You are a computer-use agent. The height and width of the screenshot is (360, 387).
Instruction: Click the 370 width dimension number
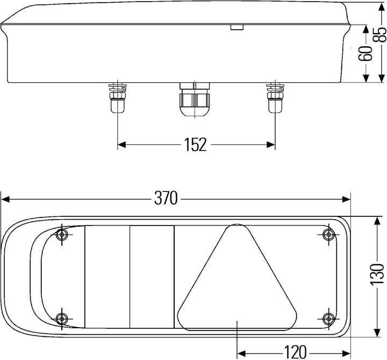click(166, 198)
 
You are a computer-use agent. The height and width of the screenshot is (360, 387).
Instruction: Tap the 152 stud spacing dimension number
click(195, 145)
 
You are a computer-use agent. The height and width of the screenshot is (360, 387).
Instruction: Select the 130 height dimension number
click(377, 274)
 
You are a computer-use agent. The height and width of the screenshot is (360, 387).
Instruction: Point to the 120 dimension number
click(296, 352)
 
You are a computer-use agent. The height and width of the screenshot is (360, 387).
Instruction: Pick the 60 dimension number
click(365, 53)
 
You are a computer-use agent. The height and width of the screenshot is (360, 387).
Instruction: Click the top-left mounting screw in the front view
click(62, 234)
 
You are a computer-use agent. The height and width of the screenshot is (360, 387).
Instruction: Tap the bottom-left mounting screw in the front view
click(62, 319)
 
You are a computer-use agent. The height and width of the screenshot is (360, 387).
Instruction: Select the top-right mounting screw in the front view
click(329, 234)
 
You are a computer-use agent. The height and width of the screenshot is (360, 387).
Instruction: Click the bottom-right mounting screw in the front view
click(329, 319)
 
